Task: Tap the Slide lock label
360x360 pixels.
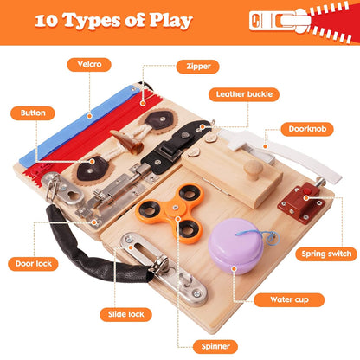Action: point(127,313)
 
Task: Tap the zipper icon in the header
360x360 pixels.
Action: point(299,21)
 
